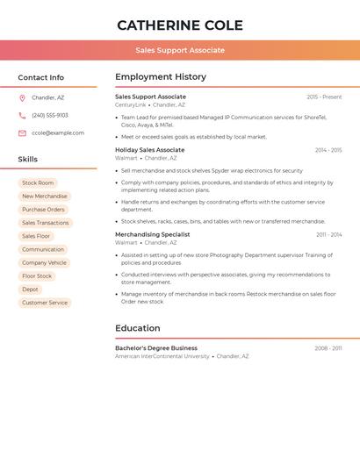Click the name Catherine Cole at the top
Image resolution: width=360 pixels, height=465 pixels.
(x=180, y=25)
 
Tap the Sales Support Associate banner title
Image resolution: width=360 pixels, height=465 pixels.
(x=180, y=50)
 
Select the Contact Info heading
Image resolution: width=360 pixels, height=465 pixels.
(x=41, y=77)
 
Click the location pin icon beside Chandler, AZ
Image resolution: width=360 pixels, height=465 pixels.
(x=22, y=98)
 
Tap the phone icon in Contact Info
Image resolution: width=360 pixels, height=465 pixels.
(x=22, y=116)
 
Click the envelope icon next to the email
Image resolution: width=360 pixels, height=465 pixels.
(x=22, y=133)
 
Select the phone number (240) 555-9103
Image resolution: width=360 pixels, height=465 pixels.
(x=50, y=116)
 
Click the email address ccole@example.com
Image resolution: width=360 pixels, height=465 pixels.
(x=58, y=133)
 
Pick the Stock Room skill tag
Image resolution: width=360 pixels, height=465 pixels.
(x=38, y=183)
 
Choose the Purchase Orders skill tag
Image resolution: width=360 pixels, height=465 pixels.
(x=43, y=210)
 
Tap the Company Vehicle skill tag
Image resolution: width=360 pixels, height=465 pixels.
(x=44, y=263)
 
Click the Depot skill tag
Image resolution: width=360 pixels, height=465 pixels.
(x=30, y=290)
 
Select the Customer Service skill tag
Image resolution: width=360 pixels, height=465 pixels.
(x=45, y=303)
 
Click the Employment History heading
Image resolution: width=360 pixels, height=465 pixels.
(x=161, y=77)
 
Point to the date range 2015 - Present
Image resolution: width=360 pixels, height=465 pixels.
(x=324, y=97)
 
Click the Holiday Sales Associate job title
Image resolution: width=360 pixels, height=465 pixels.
(x=150, y=150)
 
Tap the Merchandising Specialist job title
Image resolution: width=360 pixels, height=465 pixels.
(x=153, y=234)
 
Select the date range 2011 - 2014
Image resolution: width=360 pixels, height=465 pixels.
(x=329, y=235)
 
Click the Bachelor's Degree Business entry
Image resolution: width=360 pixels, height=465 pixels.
(x=156, y=348)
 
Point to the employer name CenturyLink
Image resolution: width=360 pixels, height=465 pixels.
(x=131, y=105)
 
